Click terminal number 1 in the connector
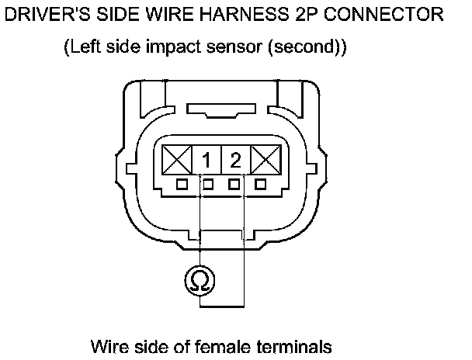207,161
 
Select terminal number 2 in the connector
235,161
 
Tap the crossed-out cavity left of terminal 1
178,161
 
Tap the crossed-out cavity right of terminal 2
265,161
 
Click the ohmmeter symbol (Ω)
200,280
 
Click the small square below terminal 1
208,185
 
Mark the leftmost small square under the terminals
181,185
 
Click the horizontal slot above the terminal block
221,113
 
